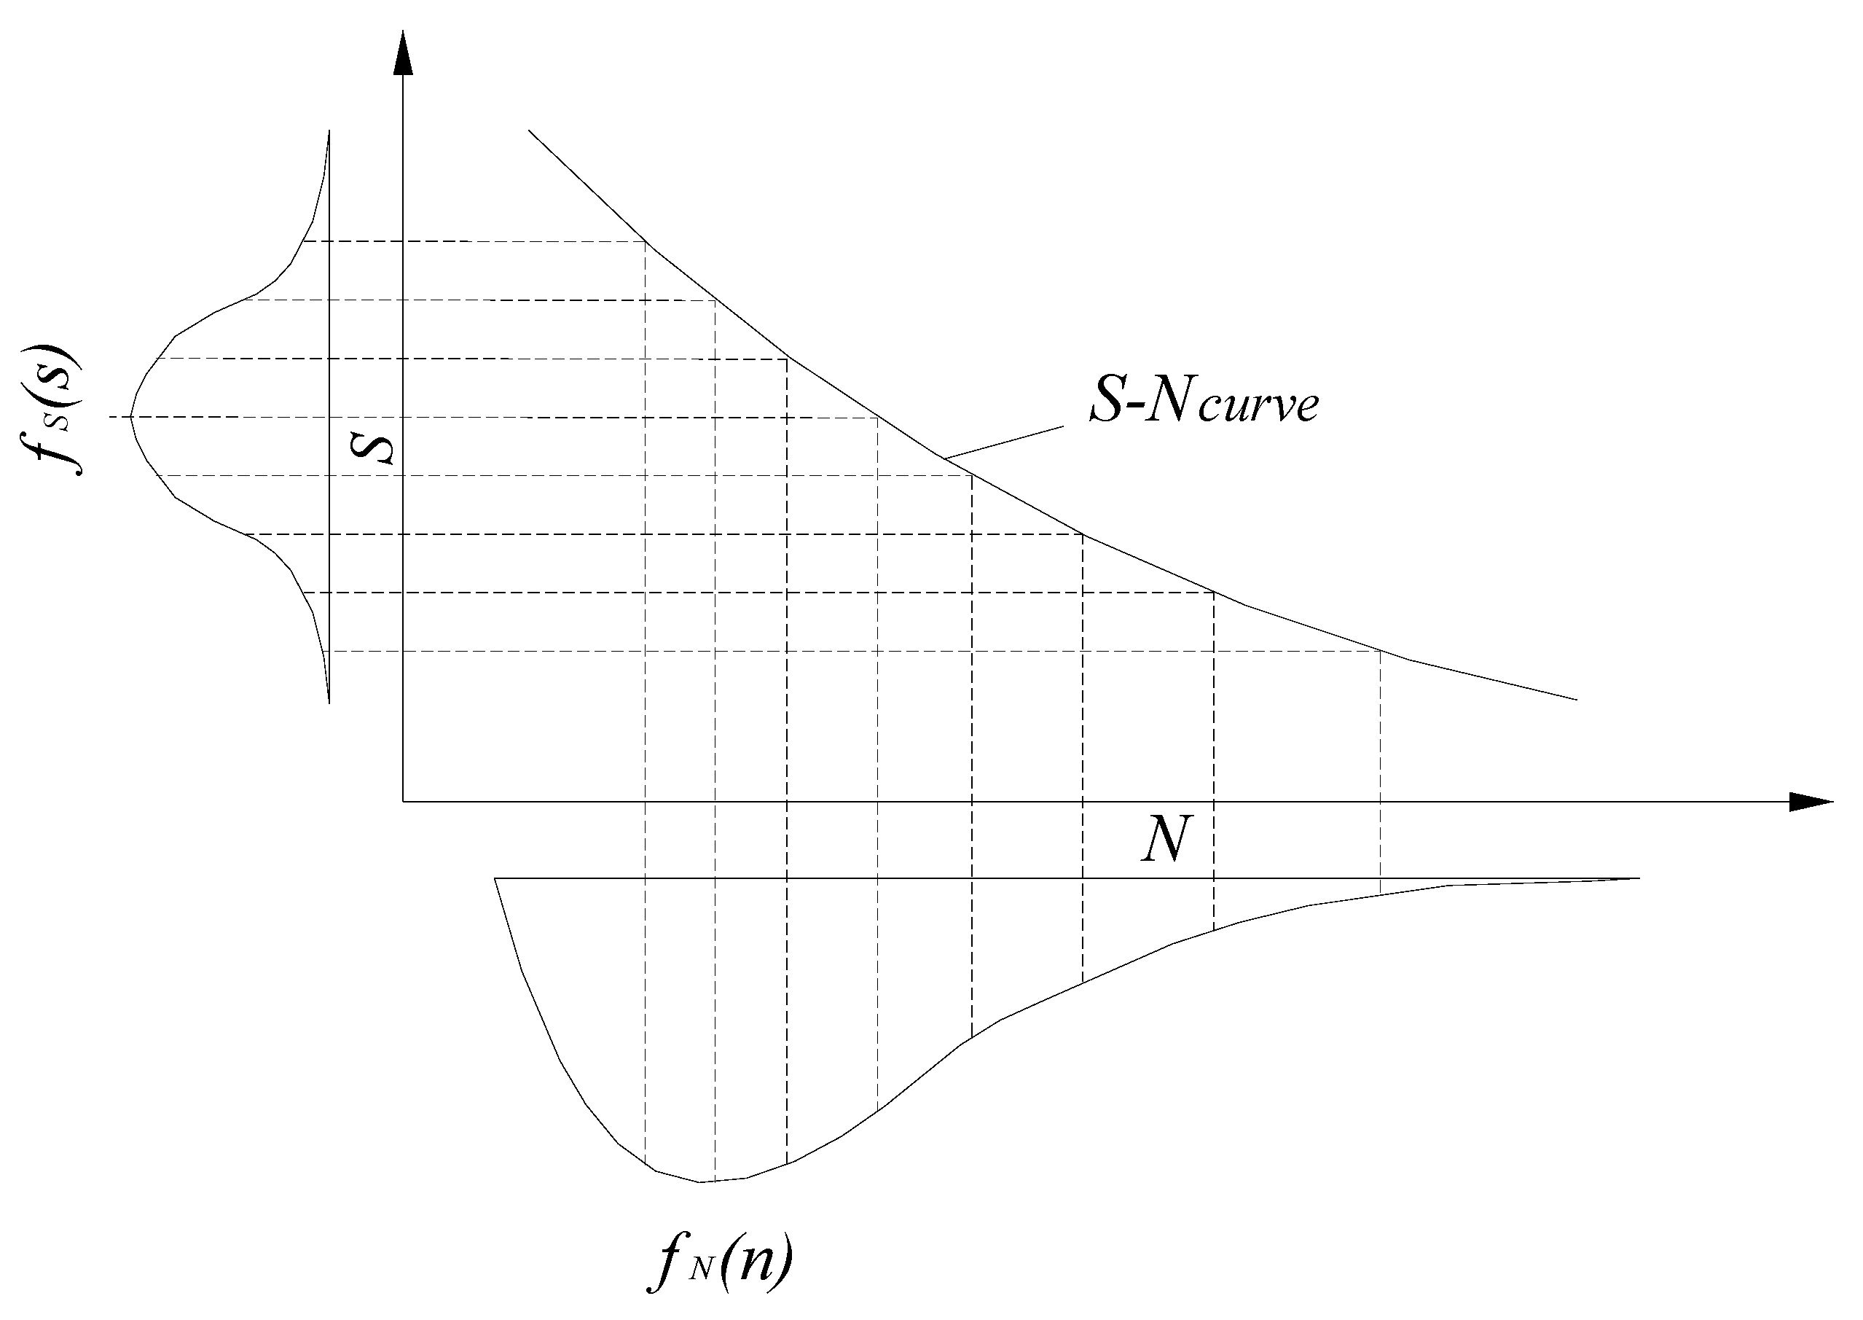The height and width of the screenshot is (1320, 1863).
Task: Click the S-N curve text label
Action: (x=1204, y=402)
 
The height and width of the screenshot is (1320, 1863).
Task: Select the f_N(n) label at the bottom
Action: (x=720, y=1264)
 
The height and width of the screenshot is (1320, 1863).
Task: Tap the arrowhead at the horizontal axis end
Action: (x=1812, y=802)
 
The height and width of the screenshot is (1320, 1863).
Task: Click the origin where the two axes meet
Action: (x=403, y=802)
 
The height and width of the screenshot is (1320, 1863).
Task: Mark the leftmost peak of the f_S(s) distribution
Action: (x=132, y=417)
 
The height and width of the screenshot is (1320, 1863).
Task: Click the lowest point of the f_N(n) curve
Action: (x=700, y=1182)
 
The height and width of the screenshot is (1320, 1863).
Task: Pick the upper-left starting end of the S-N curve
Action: (x=530, y=130)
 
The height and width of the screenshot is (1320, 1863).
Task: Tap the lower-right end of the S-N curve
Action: (x=1576, y=699)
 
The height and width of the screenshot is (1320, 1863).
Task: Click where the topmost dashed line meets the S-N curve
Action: (x=645, y=241)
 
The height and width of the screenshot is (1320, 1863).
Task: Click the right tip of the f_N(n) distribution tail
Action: (x=1639, y=878)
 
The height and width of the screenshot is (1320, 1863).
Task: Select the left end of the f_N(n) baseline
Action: (x=495, y=878)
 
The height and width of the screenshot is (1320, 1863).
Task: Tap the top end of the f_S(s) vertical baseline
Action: (x=329, y=130)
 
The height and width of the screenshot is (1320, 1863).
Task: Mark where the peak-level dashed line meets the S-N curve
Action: (x=877, y=418)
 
